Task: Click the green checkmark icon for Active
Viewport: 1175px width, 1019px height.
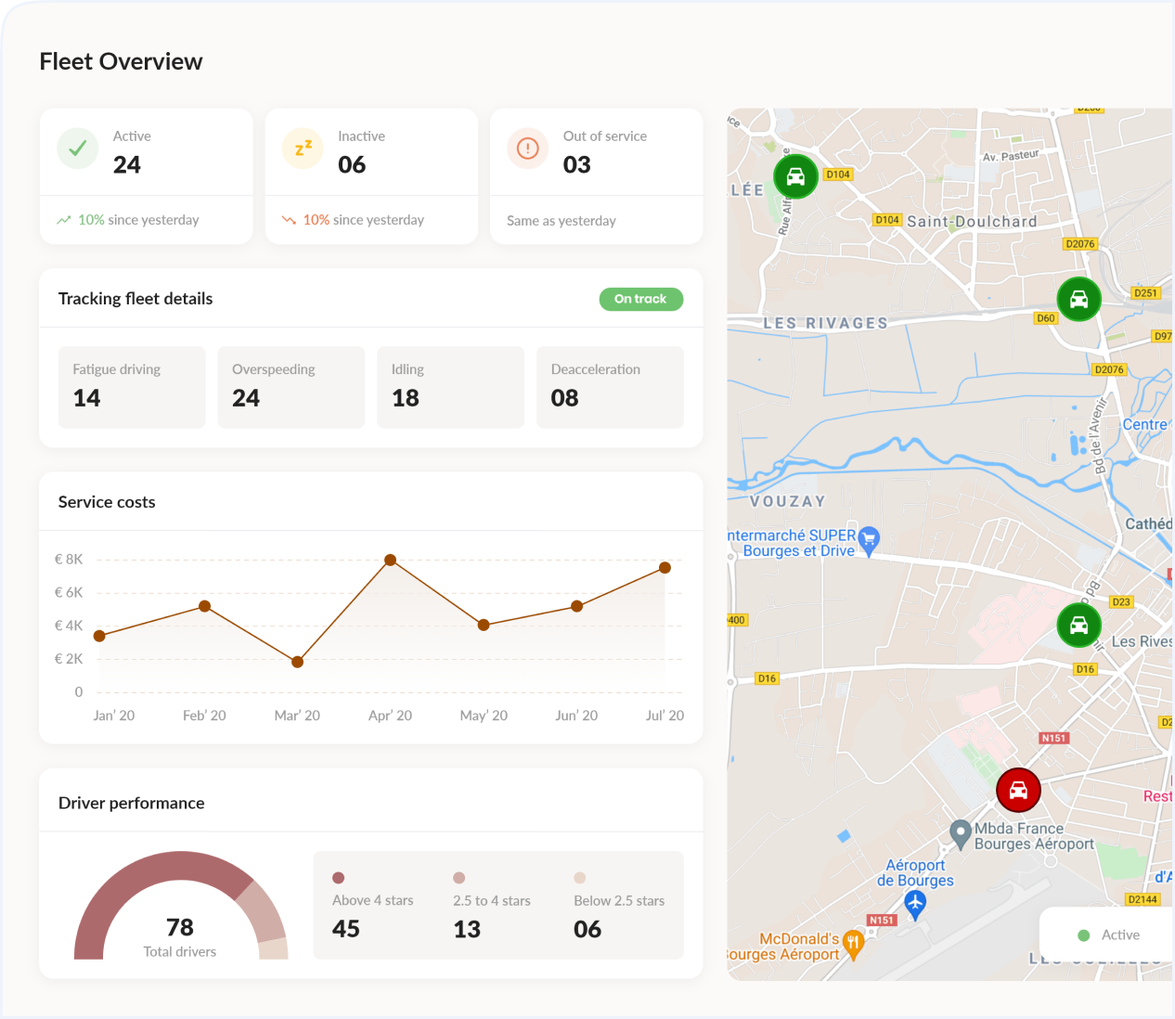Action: click(78, 148)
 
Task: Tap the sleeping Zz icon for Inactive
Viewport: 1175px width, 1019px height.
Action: click(303, 148)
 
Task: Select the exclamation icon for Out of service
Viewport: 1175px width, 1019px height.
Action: click(527, 148)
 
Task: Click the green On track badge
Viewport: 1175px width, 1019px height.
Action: click(640, 299)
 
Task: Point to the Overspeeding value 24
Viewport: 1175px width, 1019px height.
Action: click(246, 398)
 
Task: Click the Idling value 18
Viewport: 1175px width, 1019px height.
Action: click(406, 398)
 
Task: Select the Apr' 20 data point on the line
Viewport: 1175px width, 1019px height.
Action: click(391, 561)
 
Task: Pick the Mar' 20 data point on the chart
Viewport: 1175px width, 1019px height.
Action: click(297, 662)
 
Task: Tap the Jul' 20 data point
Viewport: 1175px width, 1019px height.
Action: click(665, 568)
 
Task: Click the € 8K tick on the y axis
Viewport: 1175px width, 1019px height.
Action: click(69, 560)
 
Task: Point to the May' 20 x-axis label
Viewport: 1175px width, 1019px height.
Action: click(484, 716)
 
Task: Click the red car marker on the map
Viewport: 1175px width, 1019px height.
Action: click(1018, 790)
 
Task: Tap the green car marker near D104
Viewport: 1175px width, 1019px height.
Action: click(795, 176)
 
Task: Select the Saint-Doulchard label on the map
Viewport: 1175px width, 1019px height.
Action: click(972, 222)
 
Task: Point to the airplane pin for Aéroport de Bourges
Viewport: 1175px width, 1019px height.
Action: click(915, 902)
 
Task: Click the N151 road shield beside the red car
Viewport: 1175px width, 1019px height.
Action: click(1053, 738)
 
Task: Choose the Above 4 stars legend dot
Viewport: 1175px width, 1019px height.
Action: click(339, 878)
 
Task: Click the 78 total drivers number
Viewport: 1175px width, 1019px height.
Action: click(180, 927)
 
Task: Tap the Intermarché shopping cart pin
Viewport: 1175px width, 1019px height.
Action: click(869, 539)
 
